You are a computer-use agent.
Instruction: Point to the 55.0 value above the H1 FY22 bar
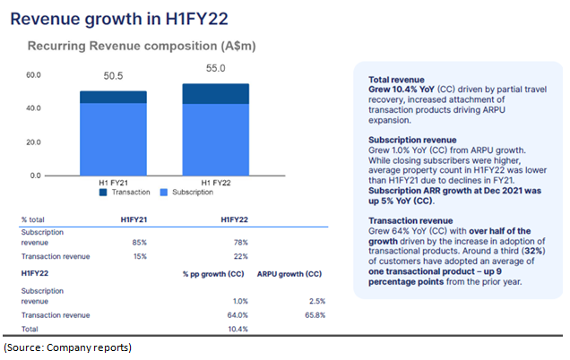(216, 69)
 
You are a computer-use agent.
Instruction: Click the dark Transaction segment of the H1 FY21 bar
(113, 97)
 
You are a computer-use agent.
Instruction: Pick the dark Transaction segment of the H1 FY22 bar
(216, 94)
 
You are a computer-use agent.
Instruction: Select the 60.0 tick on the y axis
(33, 75)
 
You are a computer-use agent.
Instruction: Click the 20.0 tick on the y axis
(33, 142)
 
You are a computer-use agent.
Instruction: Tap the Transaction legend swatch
(103, 192)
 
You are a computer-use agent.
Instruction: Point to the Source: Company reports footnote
(68, 347)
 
